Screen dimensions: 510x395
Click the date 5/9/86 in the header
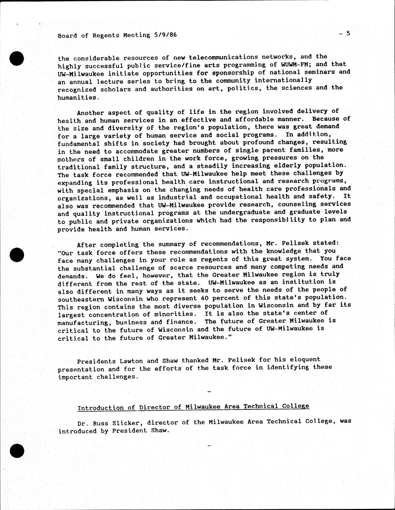pos(165,35)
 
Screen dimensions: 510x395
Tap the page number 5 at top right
pos(348,33)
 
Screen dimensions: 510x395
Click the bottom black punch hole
pos(17,450)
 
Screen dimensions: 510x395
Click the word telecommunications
pos(223,57)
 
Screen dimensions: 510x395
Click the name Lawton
pos(133,361)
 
